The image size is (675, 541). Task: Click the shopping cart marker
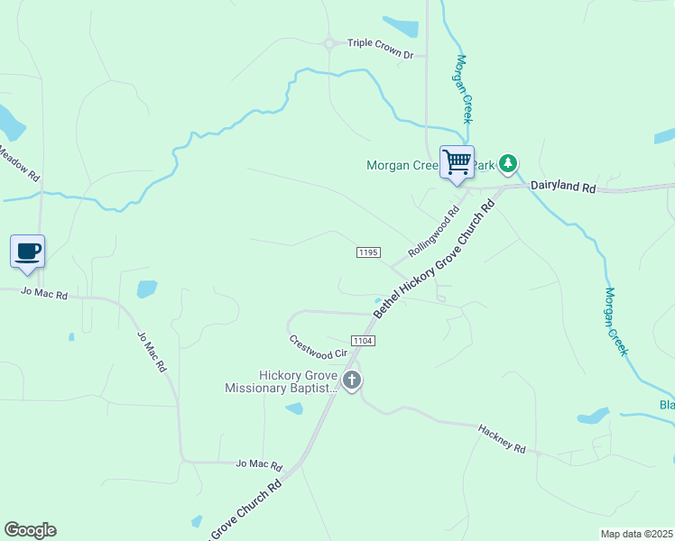(x=457, y=162)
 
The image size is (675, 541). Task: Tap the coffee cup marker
(x=27, y=251)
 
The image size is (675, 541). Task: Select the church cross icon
(x=352, y=381)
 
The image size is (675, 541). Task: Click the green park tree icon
(x=509, y=163)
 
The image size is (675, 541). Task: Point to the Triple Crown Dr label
(x=380, y=55)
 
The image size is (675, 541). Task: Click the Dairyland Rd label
(x=563, y=187)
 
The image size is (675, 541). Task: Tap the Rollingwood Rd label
(x=434, y=232)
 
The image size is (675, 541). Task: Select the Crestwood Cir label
(x=318, y=346)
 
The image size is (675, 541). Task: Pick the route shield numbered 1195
(x=367, y=253)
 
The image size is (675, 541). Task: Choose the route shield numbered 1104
(x=363, y=340)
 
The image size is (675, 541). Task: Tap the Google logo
(x=30, y=530)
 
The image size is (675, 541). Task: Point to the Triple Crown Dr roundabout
(x=330, y=43)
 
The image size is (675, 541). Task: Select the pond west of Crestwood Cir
(x=146, y=289)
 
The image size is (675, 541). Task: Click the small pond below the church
(x=294, y=408)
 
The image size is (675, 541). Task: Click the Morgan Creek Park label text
(x=402, y=165)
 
